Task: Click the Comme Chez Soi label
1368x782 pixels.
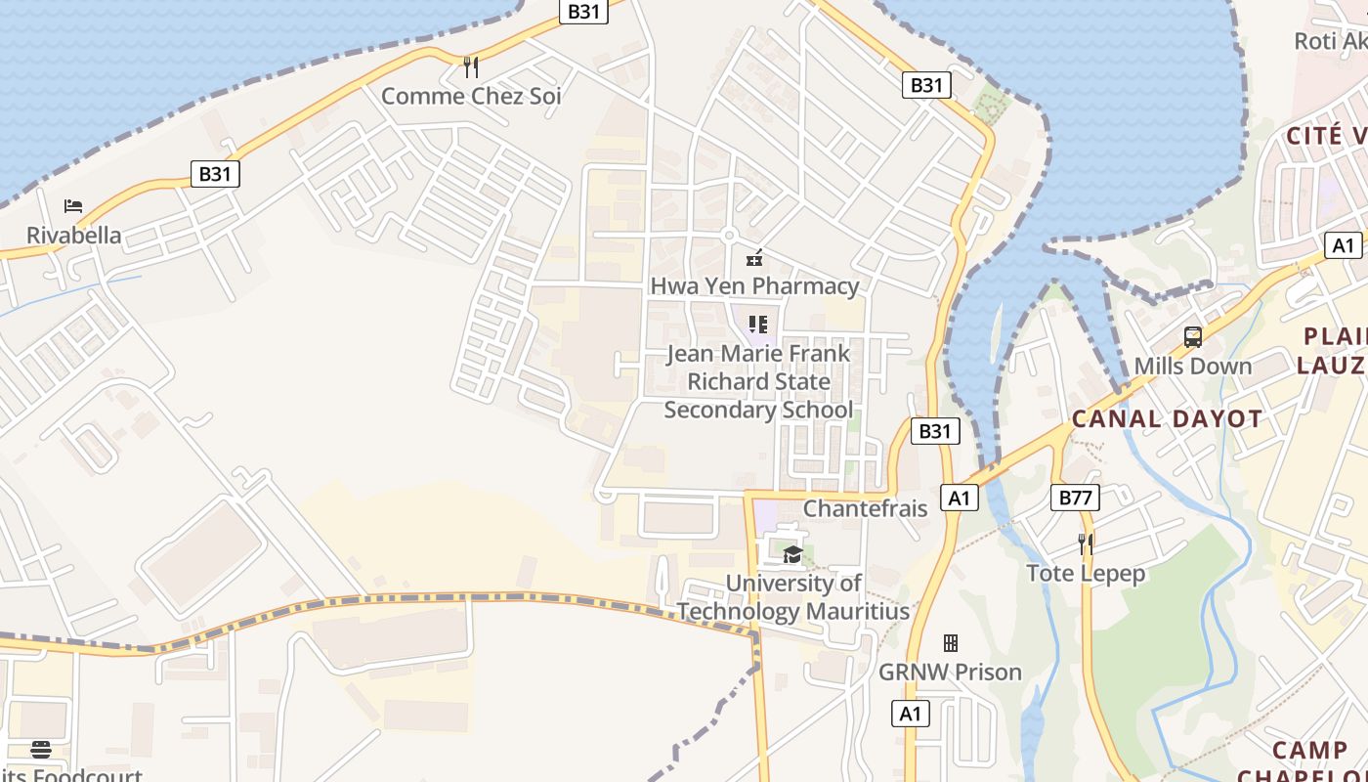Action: pyautogui.click(x=471, y=96)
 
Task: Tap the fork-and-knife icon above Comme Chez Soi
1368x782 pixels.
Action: pyautogui.click(x=471, y=66)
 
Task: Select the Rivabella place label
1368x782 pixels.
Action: pyautogui.click(x=74, y=236)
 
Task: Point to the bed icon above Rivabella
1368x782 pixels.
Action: pyautogui.click(x=73, y=206)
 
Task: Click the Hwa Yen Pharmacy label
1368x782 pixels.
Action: pyautogui.click(x=754, y=286)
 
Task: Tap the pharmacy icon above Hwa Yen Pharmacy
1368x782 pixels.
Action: pyautogui.click(x=754, y=258)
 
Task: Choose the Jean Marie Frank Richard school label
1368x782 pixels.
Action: pyautogui.click(x=758, y=381)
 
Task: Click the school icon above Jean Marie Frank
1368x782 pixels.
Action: pyautogui.click(x=758, y=324)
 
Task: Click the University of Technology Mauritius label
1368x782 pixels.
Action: pyautogui.click(x=793, y=597)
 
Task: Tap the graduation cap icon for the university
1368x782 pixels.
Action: pyautogui.click(x=792, y=555)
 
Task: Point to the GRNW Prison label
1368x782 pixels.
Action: pyautogui.click(x=950, y=673)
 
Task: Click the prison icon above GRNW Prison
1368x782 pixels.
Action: pyautogui.click(x=950, y=643)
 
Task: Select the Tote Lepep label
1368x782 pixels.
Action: pyautogui.click(x=1086, y=573)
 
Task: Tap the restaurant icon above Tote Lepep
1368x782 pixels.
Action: pyautogui.click(x=1086, y=543)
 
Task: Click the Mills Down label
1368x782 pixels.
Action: pyautogui.click(x=1192, y=367)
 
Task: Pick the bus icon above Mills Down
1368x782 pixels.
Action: pyautogui.click(x=1192, y=337)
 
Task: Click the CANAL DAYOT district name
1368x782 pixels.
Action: pyautogui.click(x=1167, y=419)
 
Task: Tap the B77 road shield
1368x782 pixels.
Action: pyautogui.click(x=1075, y=498)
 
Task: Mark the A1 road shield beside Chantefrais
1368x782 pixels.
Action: pyautogui.click(x=960, y=499)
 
